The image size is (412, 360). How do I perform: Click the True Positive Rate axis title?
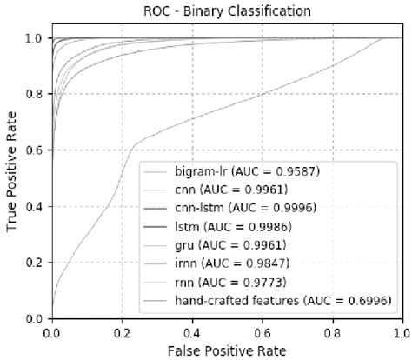click(11, 179)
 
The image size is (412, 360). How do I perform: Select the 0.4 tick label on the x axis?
click(192, 331)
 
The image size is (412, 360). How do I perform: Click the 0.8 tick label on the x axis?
click(332, 331)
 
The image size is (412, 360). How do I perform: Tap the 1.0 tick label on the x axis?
click(401, 331)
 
